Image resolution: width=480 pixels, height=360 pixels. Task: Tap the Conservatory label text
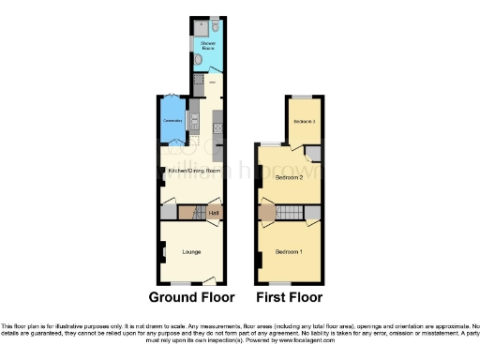[x=172, y=121]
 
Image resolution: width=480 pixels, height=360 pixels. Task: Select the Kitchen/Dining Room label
[x=192, y=171]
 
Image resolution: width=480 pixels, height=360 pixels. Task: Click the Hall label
[x=214, y=213]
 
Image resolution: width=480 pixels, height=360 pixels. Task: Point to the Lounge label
[x=192, y=252]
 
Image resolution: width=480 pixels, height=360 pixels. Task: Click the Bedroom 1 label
[x=288, y=252]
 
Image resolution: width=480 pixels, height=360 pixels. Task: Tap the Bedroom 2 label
[x=288, y=176]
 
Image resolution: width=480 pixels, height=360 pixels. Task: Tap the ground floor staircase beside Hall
[x=198, y=214]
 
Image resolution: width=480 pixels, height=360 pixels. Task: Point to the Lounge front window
[x=182, y=282]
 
